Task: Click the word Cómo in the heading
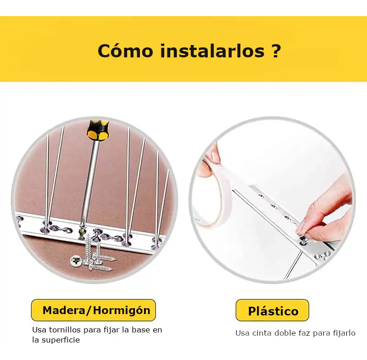(125, 51)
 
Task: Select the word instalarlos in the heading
(212, 51)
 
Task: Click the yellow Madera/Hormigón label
(94, 310)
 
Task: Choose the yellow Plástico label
(272, 310)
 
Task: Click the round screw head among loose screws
(76, 260)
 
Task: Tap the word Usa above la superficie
(39, 330)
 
